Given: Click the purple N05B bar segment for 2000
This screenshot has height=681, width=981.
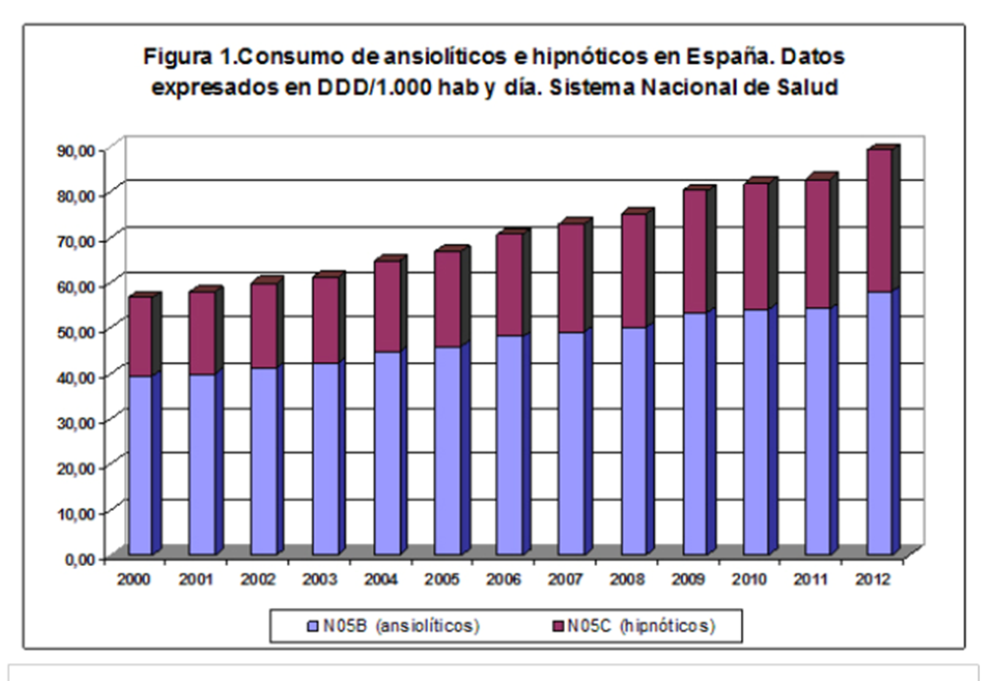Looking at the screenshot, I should [x=141, y=464].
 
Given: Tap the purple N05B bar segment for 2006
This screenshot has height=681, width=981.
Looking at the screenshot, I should [x=510, y=445].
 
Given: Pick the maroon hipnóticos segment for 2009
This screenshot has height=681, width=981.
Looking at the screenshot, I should [x=695, y=251].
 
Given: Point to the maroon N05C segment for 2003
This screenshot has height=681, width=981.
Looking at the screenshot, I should [x=326, y=320].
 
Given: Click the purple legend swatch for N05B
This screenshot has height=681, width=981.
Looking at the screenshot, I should [x=314, y=625].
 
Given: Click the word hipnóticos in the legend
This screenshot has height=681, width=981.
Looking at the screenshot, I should [x=674, y=625].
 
